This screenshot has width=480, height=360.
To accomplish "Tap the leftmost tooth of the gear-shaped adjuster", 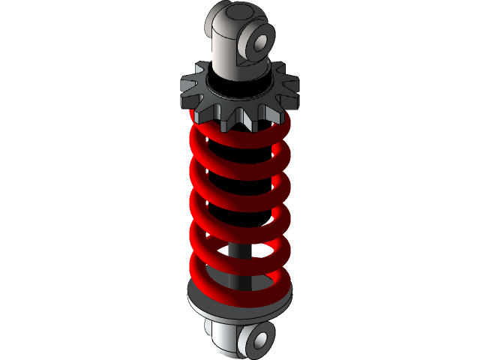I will [x=186, y=89].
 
